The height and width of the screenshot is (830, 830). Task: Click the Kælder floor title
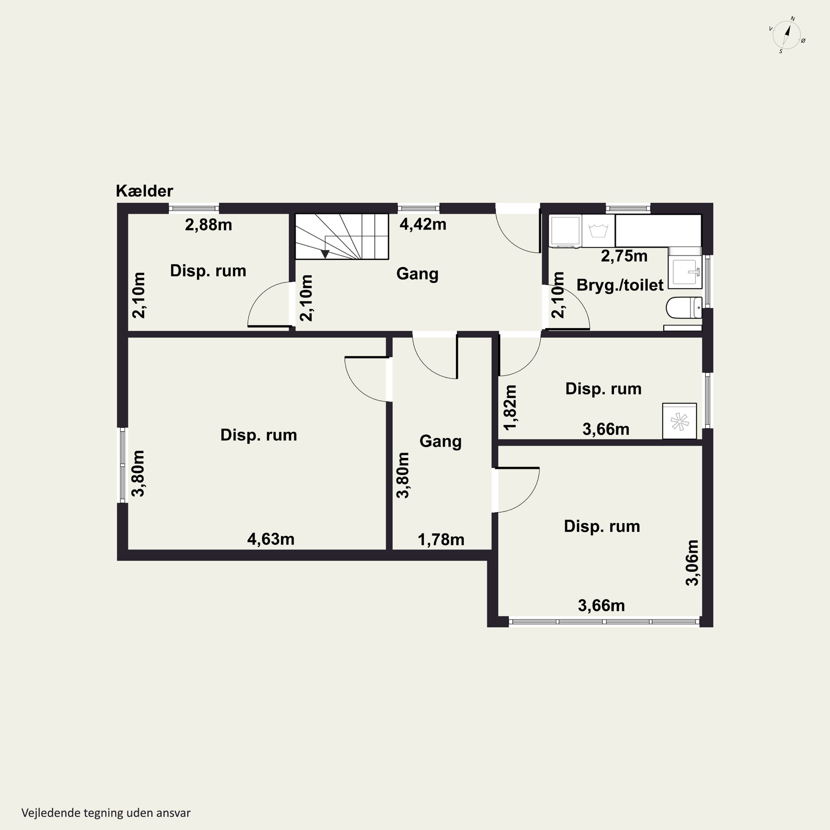pyautogui.click(x=144, y=191)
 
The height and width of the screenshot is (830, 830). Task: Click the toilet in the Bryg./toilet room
pyautogui.click(x=684, y=308)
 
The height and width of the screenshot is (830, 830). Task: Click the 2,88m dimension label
pyautogui.click(x=208, y=225)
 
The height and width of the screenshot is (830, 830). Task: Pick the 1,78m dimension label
pyautogui.click(x=441, y=539)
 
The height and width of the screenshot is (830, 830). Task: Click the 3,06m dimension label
pyautogui.click(x=692, y=563)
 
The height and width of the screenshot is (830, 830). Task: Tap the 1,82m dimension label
pyautogui.click(x=510, y=407)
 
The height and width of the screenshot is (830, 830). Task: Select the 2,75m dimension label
pyautogui.click(x=624, y=256)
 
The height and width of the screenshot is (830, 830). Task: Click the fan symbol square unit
pyautogui.click(x=679, y=421)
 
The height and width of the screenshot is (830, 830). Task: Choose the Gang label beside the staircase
pyautogui.click(x=417, y=274)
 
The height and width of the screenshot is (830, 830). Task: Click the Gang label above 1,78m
pyautogui.click(x=440, y=441)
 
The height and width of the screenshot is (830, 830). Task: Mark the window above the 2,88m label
pyautogui.click(x=194, y=208)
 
